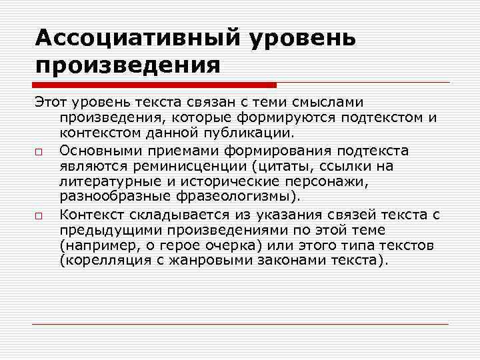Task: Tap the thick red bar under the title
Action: (154, 85)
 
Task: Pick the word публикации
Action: (228, 133)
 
